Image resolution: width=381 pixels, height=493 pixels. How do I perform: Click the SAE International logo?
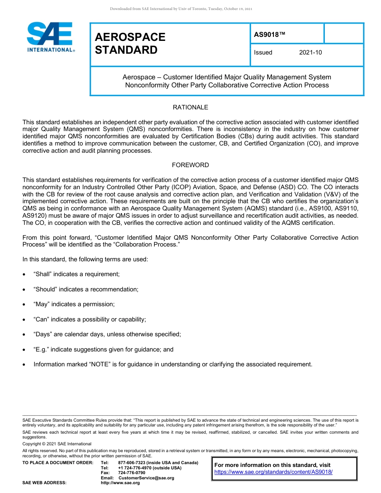(x=50, y=37)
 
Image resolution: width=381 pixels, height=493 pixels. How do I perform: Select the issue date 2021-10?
(x=310, y=53)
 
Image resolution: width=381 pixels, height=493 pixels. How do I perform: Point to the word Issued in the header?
(x=263, y=53)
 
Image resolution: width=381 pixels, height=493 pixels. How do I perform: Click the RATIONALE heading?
(x=190, y=107)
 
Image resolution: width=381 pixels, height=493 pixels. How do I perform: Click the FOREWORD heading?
(x=190, y=165)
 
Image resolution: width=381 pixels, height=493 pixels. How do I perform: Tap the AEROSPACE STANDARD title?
(x=130, y=43)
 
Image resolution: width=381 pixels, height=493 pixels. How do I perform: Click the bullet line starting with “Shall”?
(x=76, y=274)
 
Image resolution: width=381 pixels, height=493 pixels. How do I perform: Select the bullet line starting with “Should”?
(x=86, y=289)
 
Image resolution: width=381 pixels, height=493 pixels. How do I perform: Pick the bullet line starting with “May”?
(x=74, y=304)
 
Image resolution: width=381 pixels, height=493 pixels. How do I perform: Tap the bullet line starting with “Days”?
(x=107, y=334)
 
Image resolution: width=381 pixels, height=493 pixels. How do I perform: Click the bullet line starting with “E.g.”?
(x=103, y=350)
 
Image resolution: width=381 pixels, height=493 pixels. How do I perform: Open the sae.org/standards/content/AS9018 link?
(x=274, y=472)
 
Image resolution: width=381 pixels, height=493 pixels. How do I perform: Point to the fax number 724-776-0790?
(x=132, y=473)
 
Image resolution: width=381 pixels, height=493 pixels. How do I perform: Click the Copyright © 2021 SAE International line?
(x=57, y=444)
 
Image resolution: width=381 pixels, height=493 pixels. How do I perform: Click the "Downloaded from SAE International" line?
(x=181, y=9)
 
